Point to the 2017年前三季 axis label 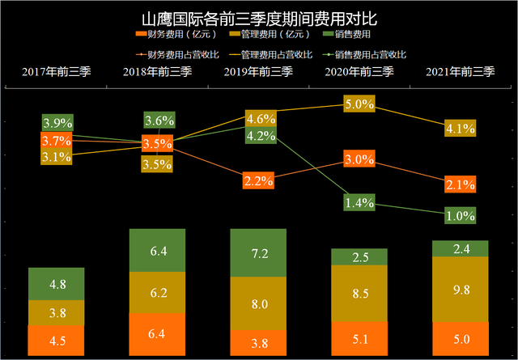(x=57, y=73)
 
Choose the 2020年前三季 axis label (x=360, y=73)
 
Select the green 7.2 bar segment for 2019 (x=259, y=252)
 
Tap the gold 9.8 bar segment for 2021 (x=461, y=289)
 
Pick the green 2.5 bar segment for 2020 (x=359, y=257)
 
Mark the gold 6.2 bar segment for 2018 (x=158, y=291)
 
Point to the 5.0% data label (x=359, y=104)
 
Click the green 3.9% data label (x=57, y=123)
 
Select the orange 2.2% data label (x=259, y=180)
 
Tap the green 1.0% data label (x=460, y=215)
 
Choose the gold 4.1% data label (x=460, y=127)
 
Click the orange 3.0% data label (x=359, y=159)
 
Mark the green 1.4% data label (x=359, y=203)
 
